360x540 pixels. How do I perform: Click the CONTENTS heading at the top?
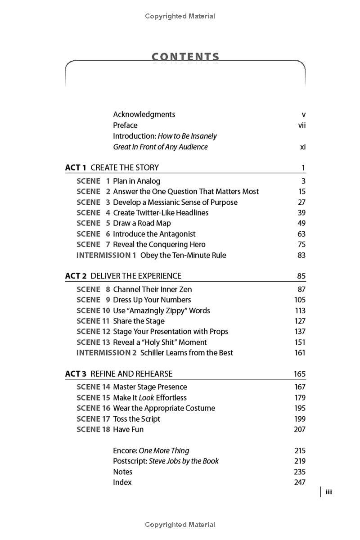click(x=185, y=57)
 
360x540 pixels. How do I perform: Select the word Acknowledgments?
click(x=144, y=114)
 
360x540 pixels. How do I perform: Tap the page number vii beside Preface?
click(x=302, y=125)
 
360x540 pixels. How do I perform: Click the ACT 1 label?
click(x=76, y=167)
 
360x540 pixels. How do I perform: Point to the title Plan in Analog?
click(x=136, y=181)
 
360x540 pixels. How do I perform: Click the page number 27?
click(x=301, y=202)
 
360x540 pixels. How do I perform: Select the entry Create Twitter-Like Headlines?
click(x=161, y=212)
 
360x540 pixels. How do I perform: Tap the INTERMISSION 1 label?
click(x=106, y=255)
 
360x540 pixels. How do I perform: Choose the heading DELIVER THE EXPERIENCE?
click(x=136, y=276)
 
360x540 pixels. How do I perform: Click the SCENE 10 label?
click(x=93, y=310)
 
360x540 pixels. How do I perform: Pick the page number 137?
click(x=300, y=331)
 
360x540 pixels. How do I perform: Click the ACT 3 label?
click(x=76, y=373)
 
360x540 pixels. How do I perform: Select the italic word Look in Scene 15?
click(x=146, y=398)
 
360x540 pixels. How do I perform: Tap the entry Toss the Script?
click(x=136, y=419)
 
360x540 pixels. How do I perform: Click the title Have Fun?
click(x=128, y=429)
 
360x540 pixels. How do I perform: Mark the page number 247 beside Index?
click(x=299, y=482)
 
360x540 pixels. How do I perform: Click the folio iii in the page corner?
click(x=328, y=492)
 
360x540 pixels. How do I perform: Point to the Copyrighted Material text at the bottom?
click(x=180, y=525)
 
